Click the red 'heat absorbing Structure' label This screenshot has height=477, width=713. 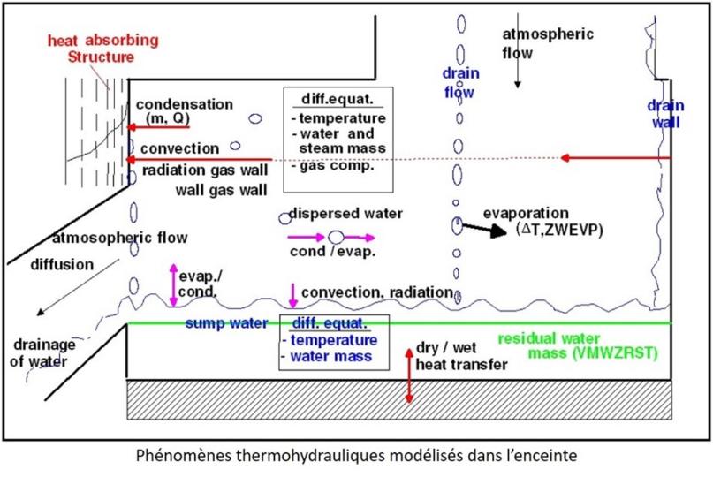click(103, 49)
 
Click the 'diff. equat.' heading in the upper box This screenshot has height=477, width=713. click(338, 98)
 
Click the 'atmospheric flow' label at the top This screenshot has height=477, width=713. click(548, 43)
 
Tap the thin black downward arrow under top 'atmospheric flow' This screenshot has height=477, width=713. click(518, 76)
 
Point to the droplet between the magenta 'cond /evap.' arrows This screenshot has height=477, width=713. click(336, 237)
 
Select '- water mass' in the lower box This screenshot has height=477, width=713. click(331, 356)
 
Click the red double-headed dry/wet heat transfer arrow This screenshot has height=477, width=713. click(408, 375)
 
